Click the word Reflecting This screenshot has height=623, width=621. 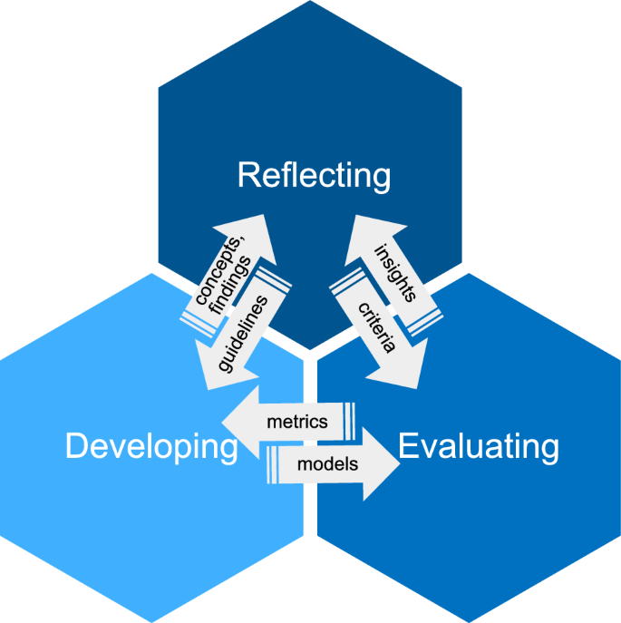pos(314,175)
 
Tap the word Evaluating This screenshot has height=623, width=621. pos(478,446)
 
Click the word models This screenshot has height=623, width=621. pos(328,464)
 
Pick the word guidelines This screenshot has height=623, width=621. pos(242,331)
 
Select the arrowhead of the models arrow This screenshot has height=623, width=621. pos(381,464)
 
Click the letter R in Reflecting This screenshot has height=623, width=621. pos(248,175)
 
